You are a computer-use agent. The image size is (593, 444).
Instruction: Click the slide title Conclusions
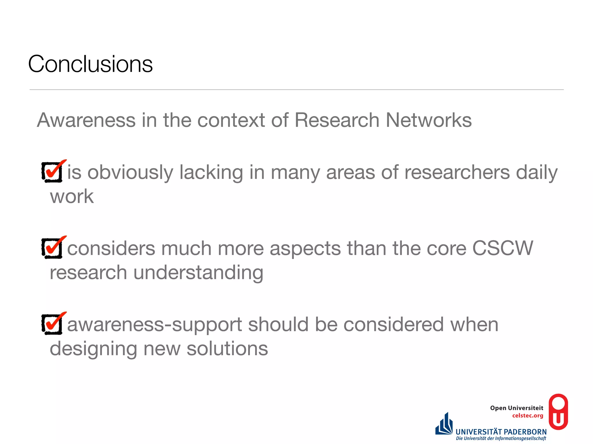click(90, 64)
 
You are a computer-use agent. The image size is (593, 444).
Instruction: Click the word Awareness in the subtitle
click(86, 120)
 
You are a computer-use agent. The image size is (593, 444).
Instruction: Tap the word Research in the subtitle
click(337, 120)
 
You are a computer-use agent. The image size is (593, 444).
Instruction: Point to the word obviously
click(130, 173)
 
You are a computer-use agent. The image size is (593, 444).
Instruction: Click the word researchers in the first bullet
click(457, 173)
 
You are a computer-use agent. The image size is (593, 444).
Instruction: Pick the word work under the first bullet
click(72, 197)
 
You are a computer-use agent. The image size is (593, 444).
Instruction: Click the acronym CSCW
click(502, 248)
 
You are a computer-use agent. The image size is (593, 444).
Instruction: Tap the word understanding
click(198, 273)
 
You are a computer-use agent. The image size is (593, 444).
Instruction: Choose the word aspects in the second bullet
click(305, 249)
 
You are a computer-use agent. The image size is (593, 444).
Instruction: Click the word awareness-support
click(155, 325)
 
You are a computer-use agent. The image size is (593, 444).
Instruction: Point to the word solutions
click(227, 349)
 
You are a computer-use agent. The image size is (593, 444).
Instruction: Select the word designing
click(93, 349)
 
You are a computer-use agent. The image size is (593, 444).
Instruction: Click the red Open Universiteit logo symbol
click(558, 412)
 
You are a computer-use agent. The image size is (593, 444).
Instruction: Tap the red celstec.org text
click(528, 416)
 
